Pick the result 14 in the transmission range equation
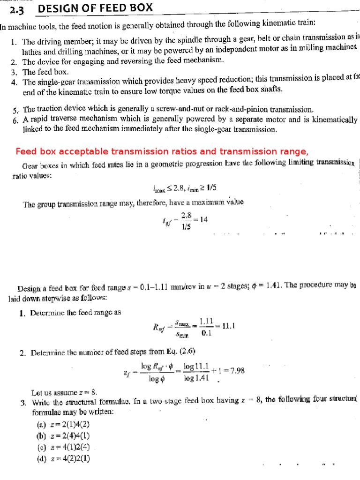(203, 217)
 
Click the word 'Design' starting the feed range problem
(29, 288)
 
